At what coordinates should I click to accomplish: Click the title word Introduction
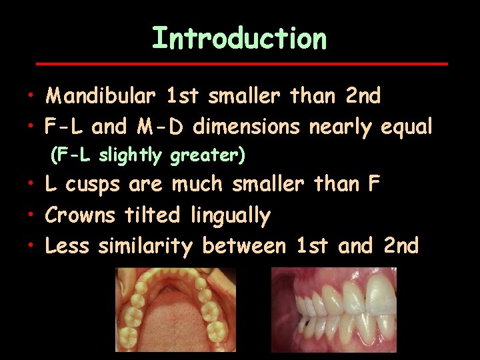[239, 39]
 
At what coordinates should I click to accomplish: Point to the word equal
[407, 126]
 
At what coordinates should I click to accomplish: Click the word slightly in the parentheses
[131, 156]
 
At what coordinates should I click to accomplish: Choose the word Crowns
[81, 215]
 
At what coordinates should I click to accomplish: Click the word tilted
[153, 215]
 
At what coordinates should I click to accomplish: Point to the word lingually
[231, 215]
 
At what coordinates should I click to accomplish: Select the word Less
[67, 246]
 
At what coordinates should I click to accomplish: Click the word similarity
[145, 246]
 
